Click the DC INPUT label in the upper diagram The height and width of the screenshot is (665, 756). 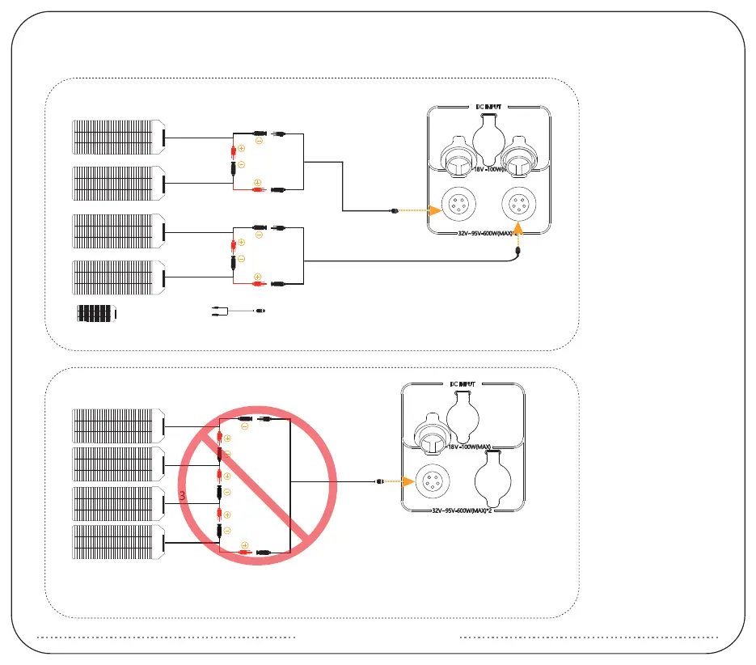488,107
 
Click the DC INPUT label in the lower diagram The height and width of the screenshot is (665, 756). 464,383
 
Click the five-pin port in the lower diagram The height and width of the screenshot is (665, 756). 433,483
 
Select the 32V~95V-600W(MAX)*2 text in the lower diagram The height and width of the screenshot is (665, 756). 465,511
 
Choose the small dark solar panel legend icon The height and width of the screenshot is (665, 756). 97,313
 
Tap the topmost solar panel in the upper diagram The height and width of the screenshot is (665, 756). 118,138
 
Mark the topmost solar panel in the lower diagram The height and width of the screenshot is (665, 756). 118,426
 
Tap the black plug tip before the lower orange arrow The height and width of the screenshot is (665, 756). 380,483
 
